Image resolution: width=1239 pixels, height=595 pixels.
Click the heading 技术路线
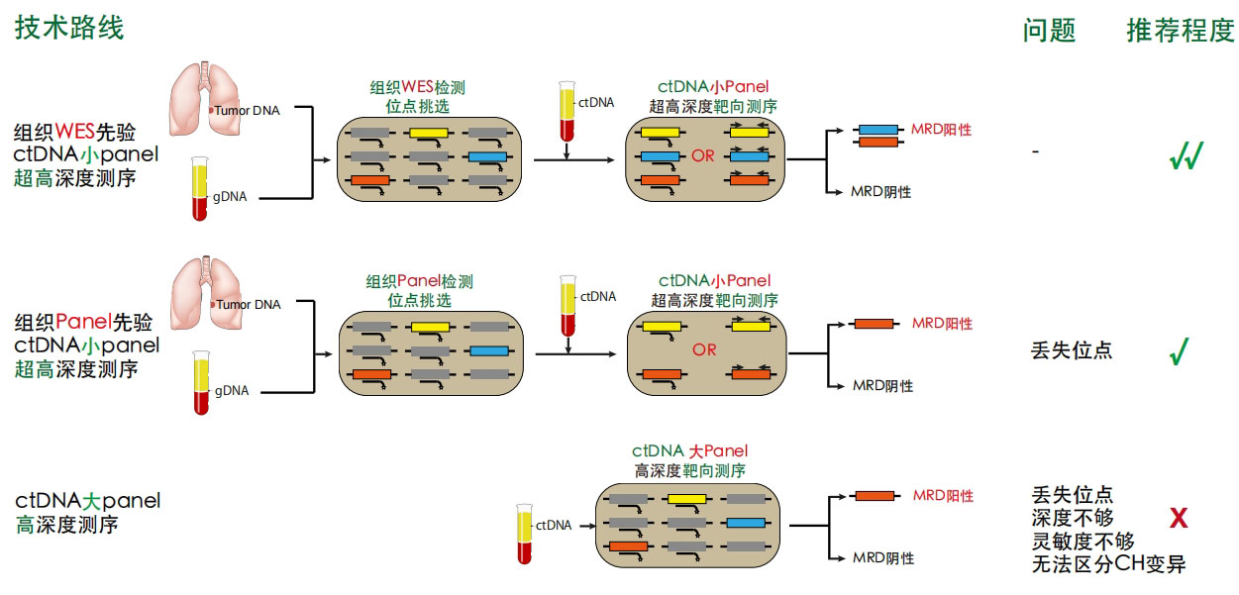tap(69, 28)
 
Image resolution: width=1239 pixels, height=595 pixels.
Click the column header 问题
tap(1049, 31)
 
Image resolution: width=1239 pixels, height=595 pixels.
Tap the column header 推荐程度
tap(1180, 31)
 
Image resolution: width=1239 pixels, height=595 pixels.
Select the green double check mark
tap(1186, 156)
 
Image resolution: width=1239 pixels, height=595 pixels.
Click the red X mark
tap(1179, 518)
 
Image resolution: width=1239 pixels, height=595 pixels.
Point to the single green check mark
tap(1179, 351)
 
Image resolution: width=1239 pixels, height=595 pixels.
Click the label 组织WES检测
tap(417, 87)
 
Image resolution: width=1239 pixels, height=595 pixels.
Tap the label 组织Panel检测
tap(419, 282)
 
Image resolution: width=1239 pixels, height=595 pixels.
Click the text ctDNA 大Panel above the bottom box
tap(689, 451)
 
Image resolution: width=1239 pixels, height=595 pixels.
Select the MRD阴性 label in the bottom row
tap(883, 558)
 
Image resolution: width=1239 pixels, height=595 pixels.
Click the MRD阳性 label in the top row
tap(941, 130)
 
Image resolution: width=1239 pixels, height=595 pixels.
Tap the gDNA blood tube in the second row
tap(202, 382)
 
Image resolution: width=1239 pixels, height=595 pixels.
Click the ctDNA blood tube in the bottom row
tap(524, 536)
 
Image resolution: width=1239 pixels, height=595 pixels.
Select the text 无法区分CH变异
tap(1108, 565)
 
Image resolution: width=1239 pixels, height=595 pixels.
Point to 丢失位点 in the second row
tap(1071, 350)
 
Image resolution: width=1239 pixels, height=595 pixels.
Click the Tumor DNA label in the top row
tap(247, 110)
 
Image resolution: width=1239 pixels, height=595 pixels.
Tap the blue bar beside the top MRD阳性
tap(877, 130)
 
